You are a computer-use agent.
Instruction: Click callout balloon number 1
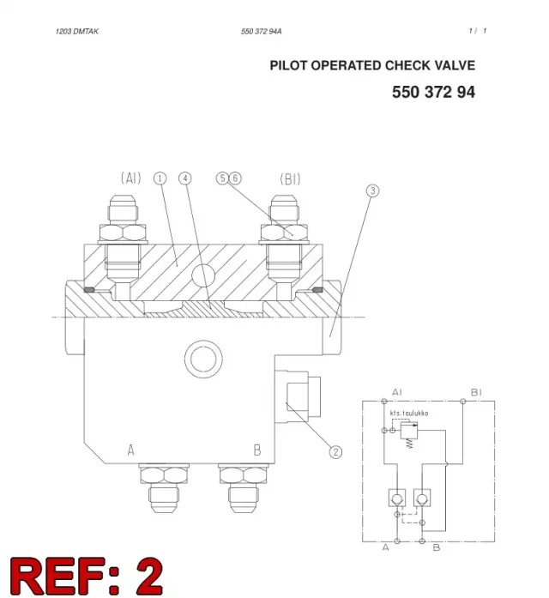[160, 178]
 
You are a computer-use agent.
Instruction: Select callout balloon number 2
[335, 452]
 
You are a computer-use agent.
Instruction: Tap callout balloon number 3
[373, 190]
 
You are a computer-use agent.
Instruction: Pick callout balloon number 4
[185, 178]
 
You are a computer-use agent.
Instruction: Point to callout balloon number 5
[222, 178]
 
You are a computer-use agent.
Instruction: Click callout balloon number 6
[235, 178]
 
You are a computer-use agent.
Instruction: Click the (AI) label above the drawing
[130, 178]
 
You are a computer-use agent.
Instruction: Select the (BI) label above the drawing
[290, 178]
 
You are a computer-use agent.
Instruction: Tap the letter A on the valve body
[130, 450]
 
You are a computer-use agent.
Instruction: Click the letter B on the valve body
[257, 450]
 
